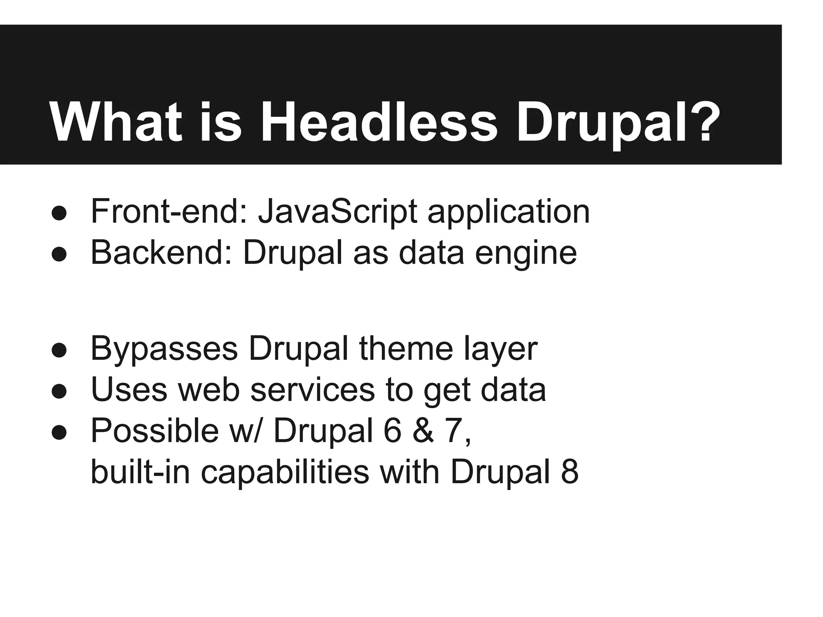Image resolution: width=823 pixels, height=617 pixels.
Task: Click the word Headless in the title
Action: point(379,122)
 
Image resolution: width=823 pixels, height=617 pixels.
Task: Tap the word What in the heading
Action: point(116,122)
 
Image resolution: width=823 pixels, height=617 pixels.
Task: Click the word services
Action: point(312,390)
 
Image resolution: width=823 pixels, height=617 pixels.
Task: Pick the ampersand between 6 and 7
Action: point(424,431)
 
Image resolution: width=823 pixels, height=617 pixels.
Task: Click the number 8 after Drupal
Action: point(569,472)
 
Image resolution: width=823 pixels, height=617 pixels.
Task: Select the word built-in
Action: point(140,472)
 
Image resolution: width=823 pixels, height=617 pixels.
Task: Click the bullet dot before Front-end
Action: point(59,213)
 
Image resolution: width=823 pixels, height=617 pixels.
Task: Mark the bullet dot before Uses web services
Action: point(59,391)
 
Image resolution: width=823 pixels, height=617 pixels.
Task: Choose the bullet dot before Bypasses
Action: point(59,349)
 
